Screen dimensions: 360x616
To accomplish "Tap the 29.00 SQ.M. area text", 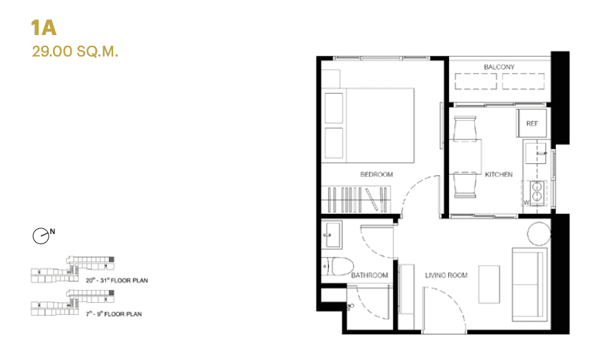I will click(x=74, y=52).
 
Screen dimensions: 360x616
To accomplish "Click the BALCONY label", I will click(x=499, y=67).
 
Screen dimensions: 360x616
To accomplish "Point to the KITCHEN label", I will click(x=499, y=175).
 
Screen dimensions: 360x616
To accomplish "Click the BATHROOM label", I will click(x=370, y=275).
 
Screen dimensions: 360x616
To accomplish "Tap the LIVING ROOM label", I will click(x=446, y=275).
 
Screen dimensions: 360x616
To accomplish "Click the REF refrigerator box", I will click(x=531, y=124).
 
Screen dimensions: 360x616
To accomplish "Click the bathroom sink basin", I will click(x=332, y=233).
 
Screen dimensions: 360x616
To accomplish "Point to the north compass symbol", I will click(x=42, y=234).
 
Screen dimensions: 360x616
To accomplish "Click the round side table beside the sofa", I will click(x=538, y=232).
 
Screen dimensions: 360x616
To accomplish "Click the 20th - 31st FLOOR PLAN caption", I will click(x=117, y=280).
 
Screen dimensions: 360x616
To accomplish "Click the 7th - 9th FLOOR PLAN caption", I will click(x=113, y=313).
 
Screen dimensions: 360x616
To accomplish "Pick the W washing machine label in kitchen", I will click(x=526, y=202).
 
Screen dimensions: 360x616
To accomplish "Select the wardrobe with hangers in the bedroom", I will click(x=357, y=198).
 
